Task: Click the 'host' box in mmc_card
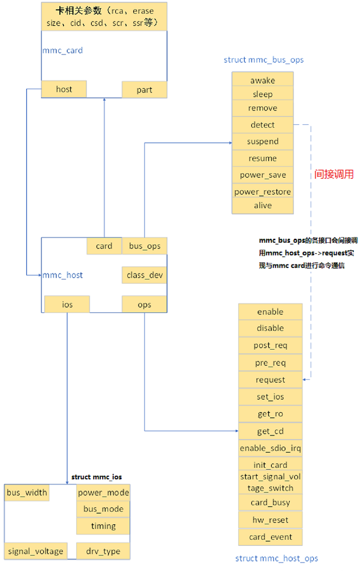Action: pyautogui.click(x=64, y=89)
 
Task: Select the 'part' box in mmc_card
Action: pyautogui.click(x=144, y=90)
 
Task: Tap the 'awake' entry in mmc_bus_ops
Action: pyautogui.click(x=262, y=80)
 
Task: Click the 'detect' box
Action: pyautogui.click(x=262, y=125)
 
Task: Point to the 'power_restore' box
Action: pyautogui.click(x=262, y=191)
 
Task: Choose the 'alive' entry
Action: pyautogui.click(x=262, y=205)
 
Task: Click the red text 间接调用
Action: pyautogui.click(x=334, y=175)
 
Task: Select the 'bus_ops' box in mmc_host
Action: pyautogui.click(x=144, y=246)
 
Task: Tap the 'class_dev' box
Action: pyautogui.click(x=144, y=275)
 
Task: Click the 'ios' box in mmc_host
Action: pyautogui.click(x=67, y=305)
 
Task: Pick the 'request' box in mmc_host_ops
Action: pyautogui.click(x=270, y=380)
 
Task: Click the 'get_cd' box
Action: pyautogui.click(x=270, y=431)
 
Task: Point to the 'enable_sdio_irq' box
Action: pyautogui.click(x=270, y=448)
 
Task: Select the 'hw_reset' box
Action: pyautogui.click(x=270, y=519)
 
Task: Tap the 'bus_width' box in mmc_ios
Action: pyautogui.click(x=27, y=493)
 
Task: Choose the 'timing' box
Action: pyautogui.click(x=103, y=526)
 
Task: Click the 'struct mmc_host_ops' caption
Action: pyautogui.click(x=276, y=558)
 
